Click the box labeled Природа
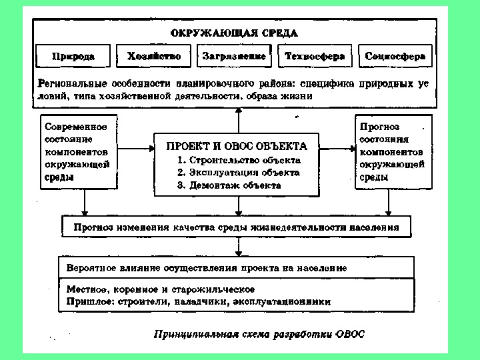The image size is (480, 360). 73,57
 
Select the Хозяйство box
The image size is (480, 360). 154,57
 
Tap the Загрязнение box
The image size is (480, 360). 234,57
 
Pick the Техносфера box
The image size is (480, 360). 315,57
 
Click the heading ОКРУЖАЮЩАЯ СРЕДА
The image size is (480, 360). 234,32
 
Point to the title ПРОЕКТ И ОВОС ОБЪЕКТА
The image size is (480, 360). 237,146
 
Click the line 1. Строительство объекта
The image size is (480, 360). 239,160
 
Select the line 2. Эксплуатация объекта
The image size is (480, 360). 239,173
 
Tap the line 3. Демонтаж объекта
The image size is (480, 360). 229,185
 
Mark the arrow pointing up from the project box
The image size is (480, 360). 237,120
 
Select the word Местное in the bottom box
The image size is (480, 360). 88,289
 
